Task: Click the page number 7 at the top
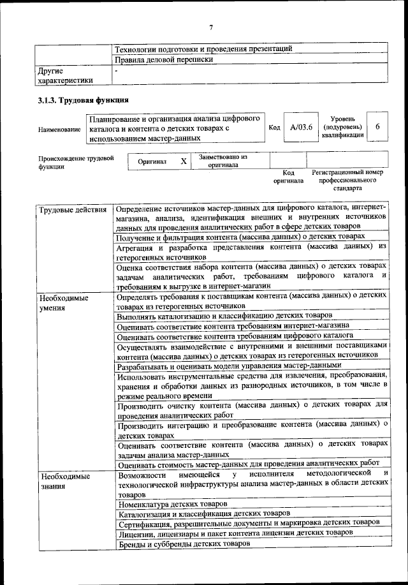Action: point(210,27)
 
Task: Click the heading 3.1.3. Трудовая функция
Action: point(84,100)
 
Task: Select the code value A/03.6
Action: point(300,128)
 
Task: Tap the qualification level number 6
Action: point(378,127)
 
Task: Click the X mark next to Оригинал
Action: point(183,161)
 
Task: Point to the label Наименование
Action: point(59,130)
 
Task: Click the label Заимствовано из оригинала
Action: point(222,160)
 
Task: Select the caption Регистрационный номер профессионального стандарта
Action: point(347,181)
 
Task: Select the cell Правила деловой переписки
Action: point(163,60)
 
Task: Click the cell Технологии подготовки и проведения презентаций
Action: point(203,48)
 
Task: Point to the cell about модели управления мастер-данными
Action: point(229,366)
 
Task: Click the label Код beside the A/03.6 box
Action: point(275,128)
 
